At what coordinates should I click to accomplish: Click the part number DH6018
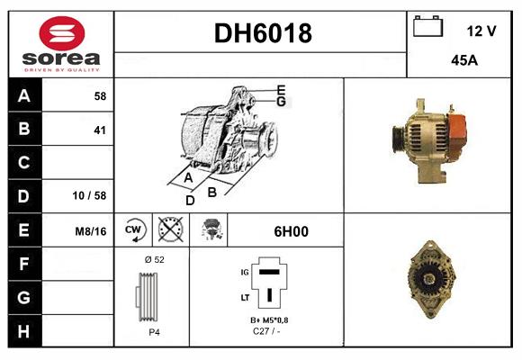262,34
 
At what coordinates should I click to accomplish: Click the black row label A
24,95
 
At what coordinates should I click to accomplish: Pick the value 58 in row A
99,95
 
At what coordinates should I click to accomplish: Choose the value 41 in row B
99,130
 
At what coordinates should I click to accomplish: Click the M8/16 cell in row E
92,231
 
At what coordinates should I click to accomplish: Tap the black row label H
24,330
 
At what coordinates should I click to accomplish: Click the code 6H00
291,231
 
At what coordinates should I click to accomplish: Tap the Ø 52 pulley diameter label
153,259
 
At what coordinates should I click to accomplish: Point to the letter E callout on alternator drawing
281,90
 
